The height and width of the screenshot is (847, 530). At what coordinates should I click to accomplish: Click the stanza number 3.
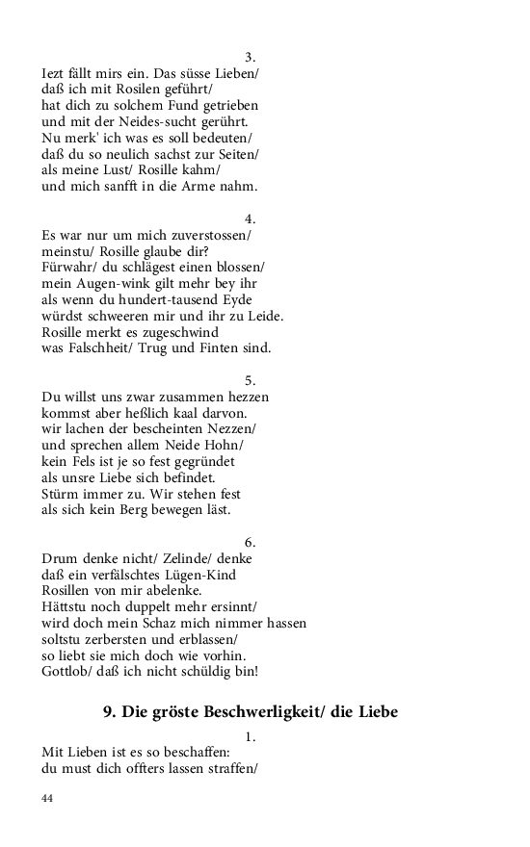click(x=250, y=57)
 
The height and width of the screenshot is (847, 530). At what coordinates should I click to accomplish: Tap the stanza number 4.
click(x=250, y=218)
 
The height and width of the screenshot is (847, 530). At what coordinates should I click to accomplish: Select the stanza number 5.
click(x=250, y=380)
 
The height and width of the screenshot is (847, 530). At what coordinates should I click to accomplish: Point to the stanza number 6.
click(x=250, y=542)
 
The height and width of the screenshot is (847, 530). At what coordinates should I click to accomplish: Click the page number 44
click(x=47, y=798)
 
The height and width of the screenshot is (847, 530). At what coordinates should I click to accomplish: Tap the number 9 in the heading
click(x=108, y=712)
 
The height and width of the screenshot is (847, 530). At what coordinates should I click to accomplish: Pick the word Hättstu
click(x=69, y=606)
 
